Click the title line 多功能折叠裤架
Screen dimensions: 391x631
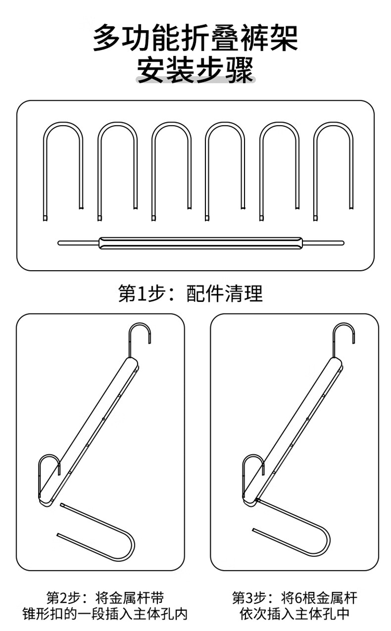tap(195, 38)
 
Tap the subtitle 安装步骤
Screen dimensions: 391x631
tap(195, 69)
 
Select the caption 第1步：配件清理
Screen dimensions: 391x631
tap(190, 294)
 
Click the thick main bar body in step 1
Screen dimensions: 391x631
tap(201, 243)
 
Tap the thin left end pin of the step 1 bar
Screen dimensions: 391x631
tap(78, 243)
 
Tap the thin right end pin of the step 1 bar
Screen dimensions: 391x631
tap(323, 243)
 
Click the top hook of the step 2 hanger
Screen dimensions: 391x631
tap(139, 324)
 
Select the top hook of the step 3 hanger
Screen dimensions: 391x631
tap(344, 324)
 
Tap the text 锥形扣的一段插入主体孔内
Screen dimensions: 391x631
tap(105, 614)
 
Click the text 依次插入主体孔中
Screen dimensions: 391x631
tap(295, 614)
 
